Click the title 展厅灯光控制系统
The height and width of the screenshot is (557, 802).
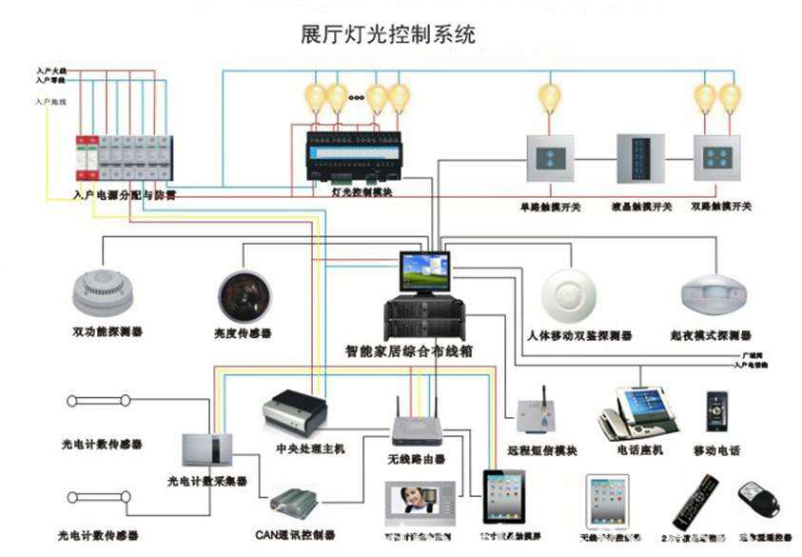point(387,35)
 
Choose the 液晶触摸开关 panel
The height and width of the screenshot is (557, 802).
point(641,159)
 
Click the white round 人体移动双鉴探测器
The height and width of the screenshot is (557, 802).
point(573,295)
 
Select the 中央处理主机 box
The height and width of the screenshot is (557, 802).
point(294,409)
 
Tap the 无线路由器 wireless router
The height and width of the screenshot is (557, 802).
point(417,429)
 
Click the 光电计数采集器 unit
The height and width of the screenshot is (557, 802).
point(206,448)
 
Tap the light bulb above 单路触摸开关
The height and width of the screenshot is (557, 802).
point(550,97)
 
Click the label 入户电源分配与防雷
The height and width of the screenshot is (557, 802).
point(124,194)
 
